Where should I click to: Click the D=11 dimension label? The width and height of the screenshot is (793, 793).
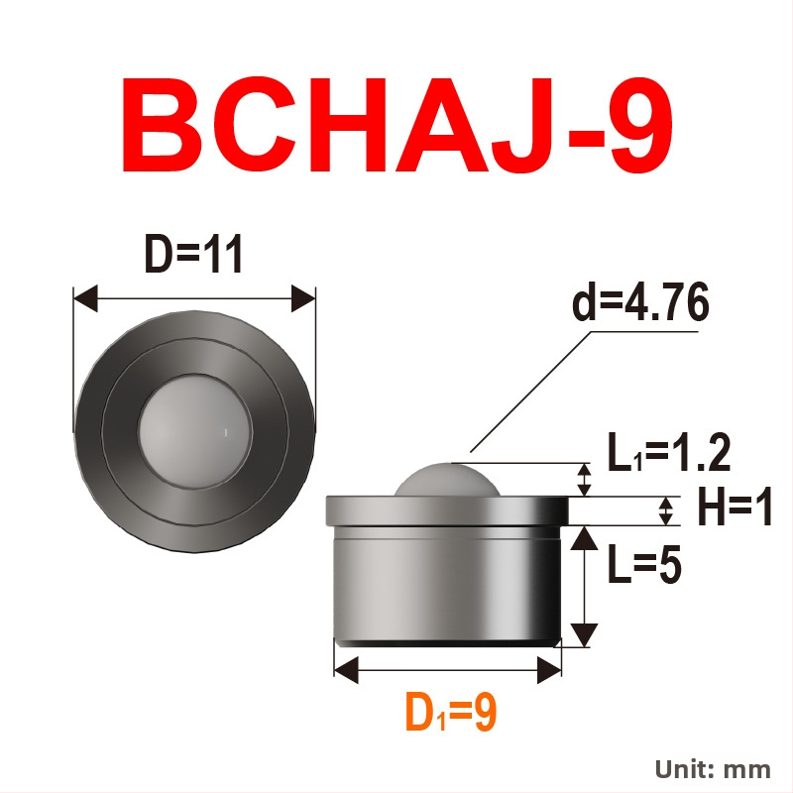point(194,254)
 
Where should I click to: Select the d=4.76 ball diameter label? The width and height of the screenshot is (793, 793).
point(640,303)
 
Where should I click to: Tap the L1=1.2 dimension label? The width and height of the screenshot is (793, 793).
point(668,452)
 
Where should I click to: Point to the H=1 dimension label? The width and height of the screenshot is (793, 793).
point(735,507)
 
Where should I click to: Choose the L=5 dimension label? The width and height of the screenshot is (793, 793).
point(644,563)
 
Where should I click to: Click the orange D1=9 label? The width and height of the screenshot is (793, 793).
point(451,712)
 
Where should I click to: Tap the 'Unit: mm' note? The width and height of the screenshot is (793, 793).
point(713,770)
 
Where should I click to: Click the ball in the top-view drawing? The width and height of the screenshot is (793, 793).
point(194,431)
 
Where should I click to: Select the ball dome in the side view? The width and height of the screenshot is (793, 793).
point(447,480)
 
